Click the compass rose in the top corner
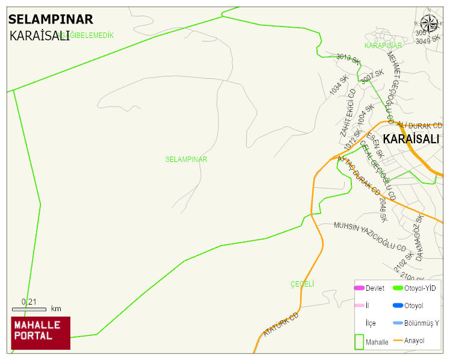[429, 23]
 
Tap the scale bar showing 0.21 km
[29, 309]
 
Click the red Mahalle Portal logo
[40, 333]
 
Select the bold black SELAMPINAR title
[51, 19]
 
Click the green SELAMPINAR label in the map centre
[186, 160]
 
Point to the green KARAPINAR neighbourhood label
[383, 46]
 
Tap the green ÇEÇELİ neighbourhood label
[302, 284]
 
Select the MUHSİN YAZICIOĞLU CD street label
[370, 236]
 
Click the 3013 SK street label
[348, 58]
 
